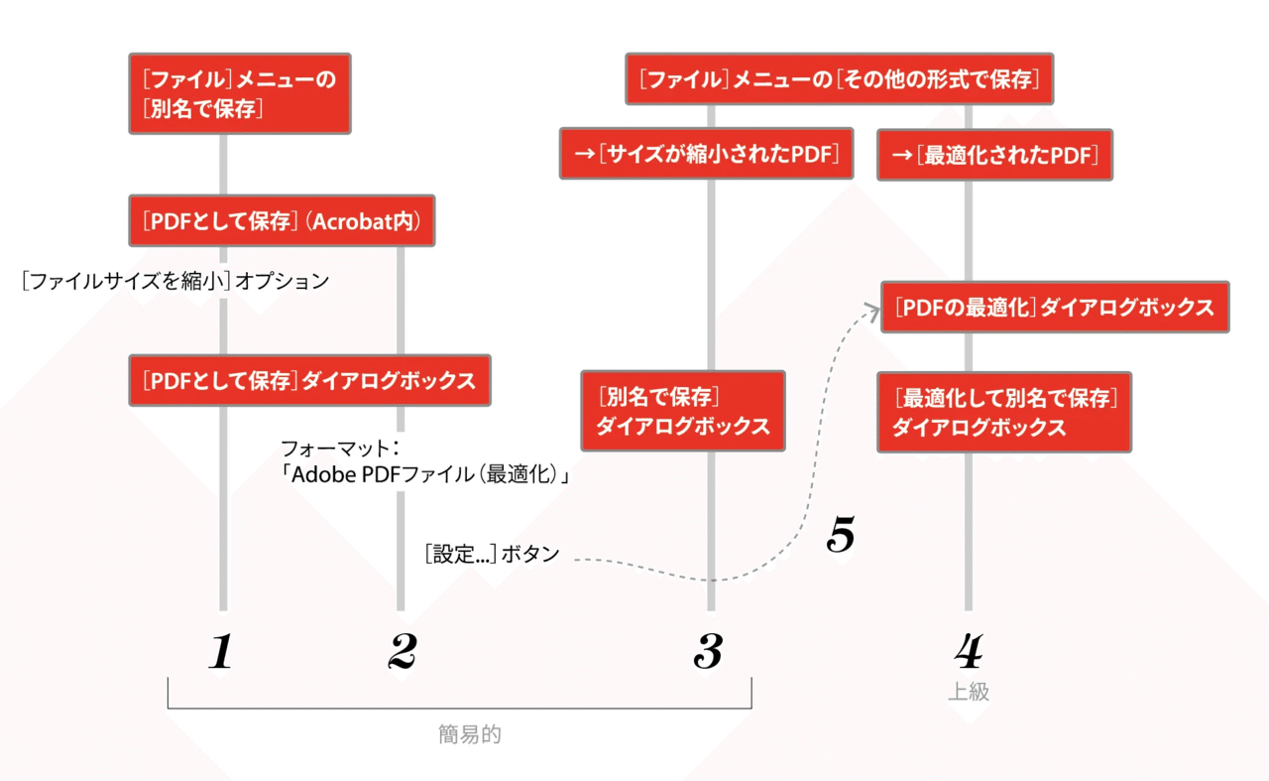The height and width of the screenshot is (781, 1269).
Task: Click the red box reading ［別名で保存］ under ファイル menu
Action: pyautogui.click(x=240, y=93)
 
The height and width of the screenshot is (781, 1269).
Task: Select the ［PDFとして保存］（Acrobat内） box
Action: pyautogui.click(x=283, y=220)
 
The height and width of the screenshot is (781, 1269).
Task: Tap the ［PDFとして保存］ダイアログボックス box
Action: pyautogui.click(x=310, y=380)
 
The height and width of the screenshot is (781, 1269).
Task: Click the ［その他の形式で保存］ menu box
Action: pyautogui.click(x=840, y=78)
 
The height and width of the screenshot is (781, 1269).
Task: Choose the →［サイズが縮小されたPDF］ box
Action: pyautogui.click(x=707, y=154)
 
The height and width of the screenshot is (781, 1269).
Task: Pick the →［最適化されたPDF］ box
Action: pyautogui.click(x=994, y=155)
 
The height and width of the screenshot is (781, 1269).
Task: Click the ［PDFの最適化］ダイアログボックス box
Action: pyautogui.click(x=1055, y=307)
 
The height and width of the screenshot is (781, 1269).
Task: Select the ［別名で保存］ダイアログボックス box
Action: pyautogui.click(x=683, y=411)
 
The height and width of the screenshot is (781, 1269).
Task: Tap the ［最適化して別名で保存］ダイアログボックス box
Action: pyautogui.click(x=1004, y=413)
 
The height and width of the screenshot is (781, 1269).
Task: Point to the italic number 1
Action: pyautogui.click(x=221, y=651)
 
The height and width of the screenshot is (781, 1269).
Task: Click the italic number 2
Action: pyautogui.click(x=403, y=651)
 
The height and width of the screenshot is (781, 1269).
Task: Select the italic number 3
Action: pyautogui.click(x=708, y=651)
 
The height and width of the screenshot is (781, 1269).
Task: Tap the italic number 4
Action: pyautogui.click(x=969, y=651)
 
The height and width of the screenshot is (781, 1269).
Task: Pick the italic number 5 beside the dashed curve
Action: pyautogui.click(x=841, y=534)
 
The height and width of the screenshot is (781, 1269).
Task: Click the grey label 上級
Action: pyautogui.click(x=969, y=692)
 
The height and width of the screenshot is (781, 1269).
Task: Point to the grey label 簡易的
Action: pyautogui.click(x=470, y=734)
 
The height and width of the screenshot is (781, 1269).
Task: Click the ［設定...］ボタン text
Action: pyautogui.click(x=493, y=554)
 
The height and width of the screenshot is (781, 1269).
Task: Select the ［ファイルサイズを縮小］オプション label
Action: pyautogui.click(x=175, y=281)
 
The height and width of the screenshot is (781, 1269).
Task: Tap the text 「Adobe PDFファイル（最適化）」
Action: pyautogui.click(x=425, y=474)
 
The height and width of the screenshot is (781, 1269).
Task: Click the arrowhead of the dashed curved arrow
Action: pyautogui.click(x=873, y=310)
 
